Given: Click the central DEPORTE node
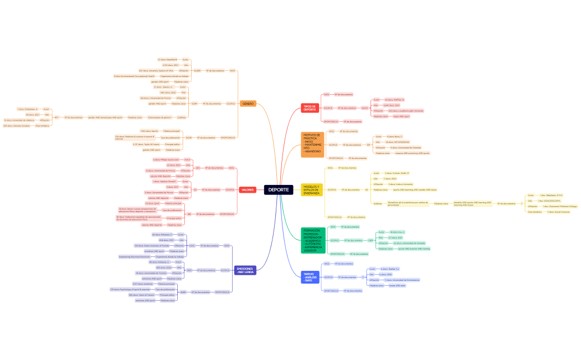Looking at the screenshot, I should pyautogui.click(x=278, y=190).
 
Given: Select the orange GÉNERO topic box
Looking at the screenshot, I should pyautogui.click(x=248, y=104).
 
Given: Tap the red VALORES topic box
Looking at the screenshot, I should pyautogui.click(x=248, y=190).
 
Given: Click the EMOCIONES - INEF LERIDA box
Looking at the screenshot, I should pyautogui.click(x=244, y=270).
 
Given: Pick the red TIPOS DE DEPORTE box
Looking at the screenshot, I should pyautogui.click(x=309, y=108).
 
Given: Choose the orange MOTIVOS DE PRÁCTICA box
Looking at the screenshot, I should pyautogui.click(x=312, y=145).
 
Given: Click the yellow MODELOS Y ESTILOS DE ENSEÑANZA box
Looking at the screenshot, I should pyautogui.click(x=312, y=190).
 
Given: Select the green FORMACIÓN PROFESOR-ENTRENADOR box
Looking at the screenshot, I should pyautogui.click(x=313, y=240).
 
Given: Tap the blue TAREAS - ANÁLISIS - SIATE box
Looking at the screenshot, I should pyautogui.click(x=310, y=277).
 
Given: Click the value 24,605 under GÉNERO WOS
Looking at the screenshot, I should pyautogui.click(x=197, y=70).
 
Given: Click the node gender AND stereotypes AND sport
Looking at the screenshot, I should pyautogui.click(x=105, y=117).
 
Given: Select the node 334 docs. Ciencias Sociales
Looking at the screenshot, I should pyautogui.click(x=17, y=126).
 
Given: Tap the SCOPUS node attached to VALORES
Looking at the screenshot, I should pyautogui.click(x=229, y=189).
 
